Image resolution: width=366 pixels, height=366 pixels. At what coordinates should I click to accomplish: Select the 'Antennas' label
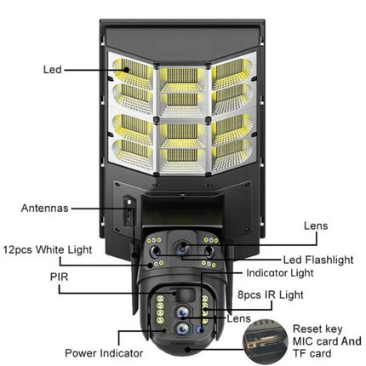coord(45,206)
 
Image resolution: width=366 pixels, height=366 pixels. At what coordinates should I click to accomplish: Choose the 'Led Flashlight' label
coord(318,259)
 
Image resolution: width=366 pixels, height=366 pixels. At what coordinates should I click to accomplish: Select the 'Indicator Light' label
coord(279,273)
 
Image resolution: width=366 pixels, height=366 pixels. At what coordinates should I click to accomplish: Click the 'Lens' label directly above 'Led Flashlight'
coord(316,226)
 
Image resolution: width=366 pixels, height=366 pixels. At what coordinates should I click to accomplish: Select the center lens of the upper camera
coord(185,248)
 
